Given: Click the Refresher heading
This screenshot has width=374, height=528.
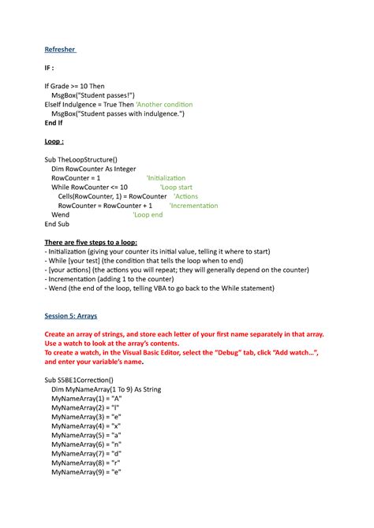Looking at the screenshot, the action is (x=60, y=50).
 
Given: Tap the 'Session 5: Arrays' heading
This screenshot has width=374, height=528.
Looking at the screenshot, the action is (x=70, y=315).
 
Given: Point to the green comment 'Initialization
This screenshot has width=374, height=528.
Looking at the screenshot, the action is (x=166, y=178).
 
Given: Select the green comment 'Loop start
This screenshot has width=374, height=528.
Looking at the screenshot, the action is (x=175, y=188).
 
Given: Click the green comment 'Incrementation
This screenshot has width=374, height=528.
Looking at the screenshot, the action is (x=194, y=205).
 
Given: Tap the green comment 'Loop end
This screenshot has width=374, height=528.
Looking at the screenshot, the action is (x=148, y=214).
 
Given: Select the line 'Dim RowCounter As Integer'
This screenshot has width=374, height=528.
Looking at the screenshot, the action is (x=94, y=169).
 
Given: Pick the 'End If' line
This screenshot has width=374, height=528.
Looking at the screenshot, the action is (x=54, y=123).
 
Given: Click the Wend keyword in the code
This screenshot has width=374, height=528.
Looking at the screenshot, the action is (x=60, y=214).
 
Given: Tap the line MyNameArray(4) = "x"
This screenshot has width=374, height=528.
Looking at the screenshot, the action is (x=87, y=426).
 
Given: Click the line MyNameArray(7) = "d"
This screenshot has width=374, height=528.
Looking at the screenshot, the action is (x=87, y=453).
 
